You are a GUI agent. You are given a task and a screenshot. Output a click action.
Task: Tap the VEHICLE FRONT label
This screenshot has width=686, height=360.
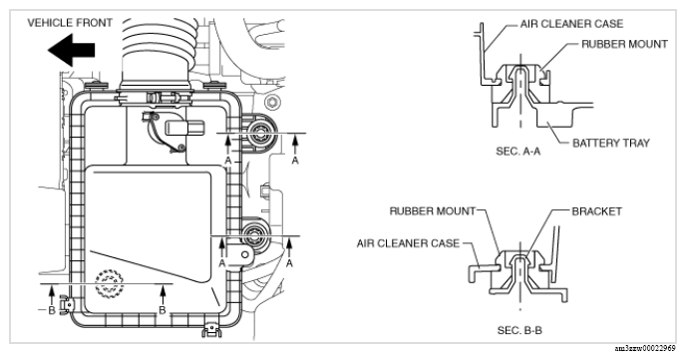[70, 23]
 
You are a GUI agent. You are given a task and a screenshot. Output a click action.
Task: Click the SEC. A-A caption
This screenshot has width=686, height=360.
[518, 152]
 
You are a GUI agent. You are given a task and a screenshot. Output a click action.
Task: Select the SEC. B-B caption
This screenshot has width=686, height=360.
[519, 330]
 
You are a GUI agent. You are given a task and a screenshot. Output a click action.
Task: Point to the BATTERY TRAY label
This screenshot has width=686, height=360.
[611, 143]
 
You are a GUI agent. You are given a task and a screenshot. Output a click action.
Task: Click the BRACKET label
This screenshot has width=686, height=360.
[596, 211]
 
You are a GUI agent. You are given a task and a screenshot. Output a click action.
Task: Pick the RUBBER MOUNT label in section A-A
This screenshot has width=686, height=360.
[625, 44]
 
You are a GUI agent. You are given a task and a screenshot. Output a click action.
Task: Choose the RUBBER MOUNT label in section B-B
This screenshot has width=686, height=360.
[433, 211]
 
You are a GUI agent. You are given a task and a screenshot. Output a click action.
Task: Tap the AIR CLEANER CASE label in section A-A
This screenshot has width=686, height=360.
[571, 24]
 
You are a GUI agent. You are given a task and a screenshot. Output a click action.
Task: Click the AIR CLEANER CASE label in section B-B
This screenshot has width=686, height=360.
[408, 243]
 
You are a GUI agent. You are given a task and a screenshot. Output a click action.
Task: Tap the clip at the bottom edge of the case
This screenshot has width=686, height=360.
[211, 329]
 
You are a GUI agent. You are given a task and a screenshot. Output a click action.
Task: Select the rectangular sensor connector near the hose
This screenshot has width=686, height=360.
[184, 127]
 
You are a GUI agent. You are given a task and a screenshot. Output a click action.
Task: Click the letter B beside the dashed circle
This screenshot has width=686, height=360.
[163, 310]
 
